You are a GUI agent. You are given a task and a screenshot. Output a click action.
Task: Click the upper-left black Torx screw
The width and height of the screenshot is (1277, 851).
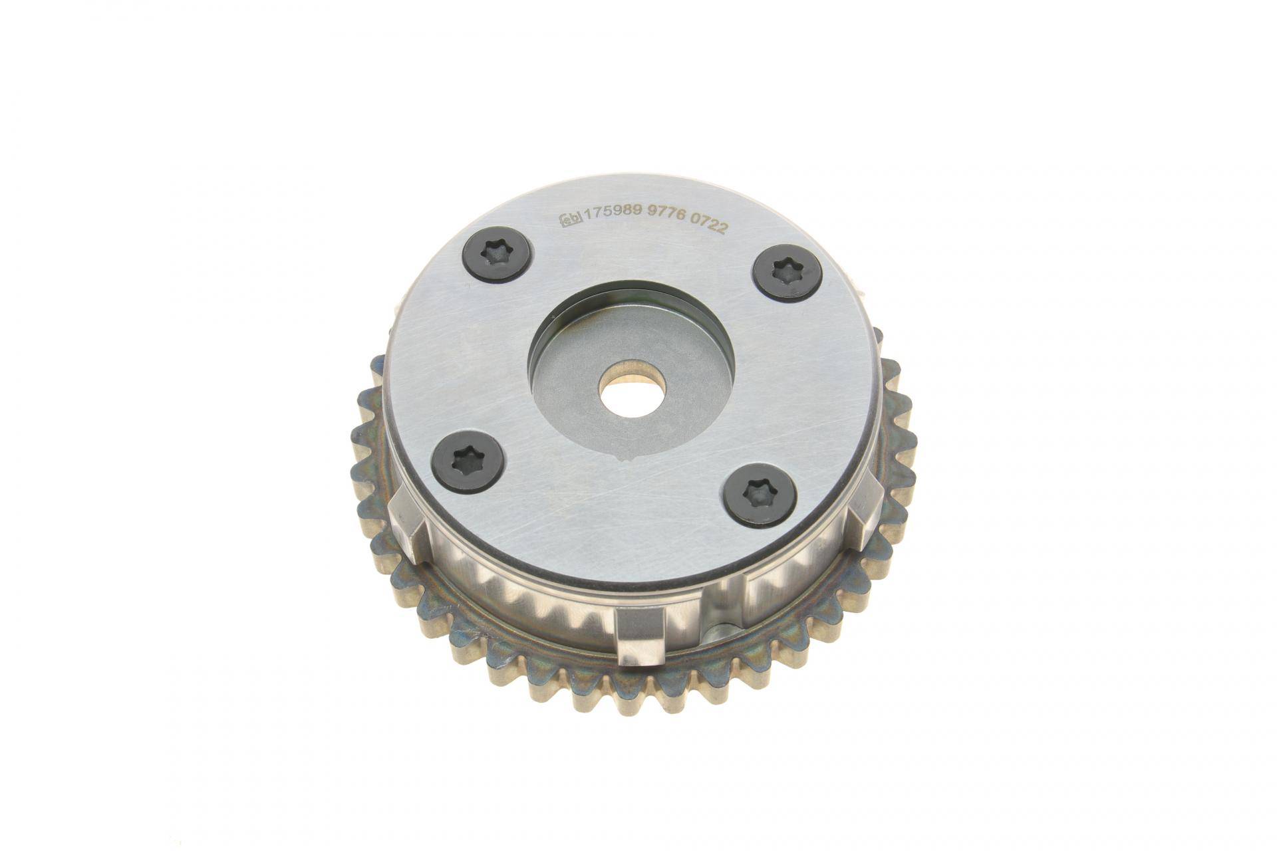pos(497,259)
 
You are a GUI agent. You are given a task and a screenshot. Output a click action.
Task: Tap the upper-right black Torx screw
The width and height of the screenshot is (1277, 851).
pos(787,272)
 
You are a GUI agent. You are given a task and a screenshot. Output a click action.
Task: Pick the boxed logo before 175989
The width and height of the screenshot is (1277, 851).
pos(569,217)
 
